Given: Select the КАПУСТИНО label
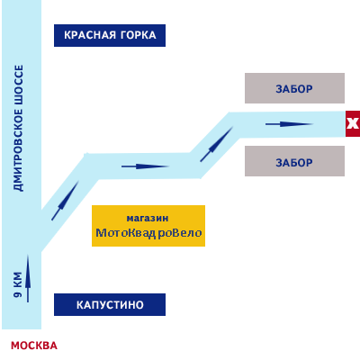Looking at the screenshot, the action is click(x=110, y=304).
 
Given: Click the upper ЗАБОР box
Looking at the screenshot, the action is click(x=294, y=88).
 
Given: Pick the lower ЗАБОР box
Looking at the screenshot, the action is click(x=294, y=161).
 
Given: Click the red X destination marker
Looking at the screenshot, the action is click(x=353, y=123).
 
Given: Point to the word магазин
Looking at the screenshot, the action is click(x=148, y=219).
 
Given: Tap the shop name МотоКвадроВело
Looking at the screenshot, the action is click(x=148, y=233).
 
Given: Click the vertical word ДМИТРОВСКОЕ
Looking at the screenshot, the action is click(x=18, y=150).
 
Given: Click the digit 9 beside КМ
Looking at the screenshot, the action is click(x=18, y=293).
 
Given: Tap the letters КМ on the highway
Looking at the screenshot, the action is click(x=18, y=279).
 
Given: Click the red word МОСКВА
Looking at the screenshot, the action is click(x=34, y=346).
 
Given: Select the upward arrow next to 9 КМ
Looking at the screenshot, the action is click(x=28, y=278).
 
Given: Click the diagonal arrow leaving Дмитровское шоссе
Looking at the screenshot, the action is click(x=65, y=201).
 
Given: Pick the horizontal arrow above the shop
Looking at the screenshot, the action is click(x=146, y=166).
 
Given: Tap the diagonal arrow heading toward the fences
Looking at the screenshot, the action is click(x=217, y=144).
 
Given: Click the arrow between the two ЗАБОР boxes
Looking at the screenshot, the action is click(x=289, y=124).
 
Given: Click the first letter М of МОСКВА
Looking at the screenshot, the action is click(x=15, y=346).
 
